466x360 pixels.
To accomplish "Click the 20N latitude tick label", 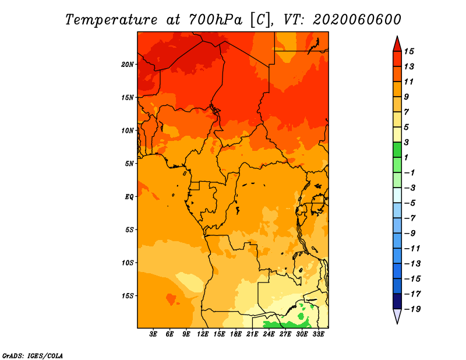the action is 127,65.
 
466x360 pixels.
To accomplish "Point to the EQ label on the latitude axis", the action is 129,197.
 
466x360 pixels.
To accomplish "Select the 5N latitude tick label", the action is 129,164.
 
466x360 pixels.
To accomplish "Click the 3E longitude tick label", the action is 153,334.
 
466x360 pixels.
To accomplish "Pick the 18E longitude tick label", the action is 236,334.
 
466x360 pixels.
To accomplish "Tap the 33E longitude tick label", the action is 318,334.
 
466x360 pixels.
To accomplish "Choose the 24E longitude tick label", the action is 269,334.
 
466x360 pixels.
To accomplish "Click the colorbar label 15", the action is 409,51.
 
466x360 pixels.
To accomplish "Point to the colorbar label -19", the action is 412,309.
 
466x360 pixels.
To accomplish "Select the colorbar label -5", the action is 410,203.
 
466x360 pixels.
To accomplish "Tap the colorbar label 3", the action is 407,142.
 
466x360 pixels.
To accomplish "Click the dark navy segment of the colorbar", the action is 397,301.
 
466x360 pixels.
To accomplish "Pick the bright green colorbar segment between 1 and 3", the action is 397,150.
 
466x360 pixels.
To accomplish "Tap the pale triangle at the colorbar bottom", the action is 397,316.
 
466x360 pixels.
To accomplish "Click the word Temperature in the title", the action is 111,20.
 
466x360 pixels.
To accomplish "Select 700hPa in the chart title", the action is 216,20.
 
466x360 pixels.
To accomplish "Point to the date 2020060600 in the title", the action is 357,20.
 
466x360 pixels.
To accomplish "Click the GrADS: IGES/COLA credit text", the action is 33,356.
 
